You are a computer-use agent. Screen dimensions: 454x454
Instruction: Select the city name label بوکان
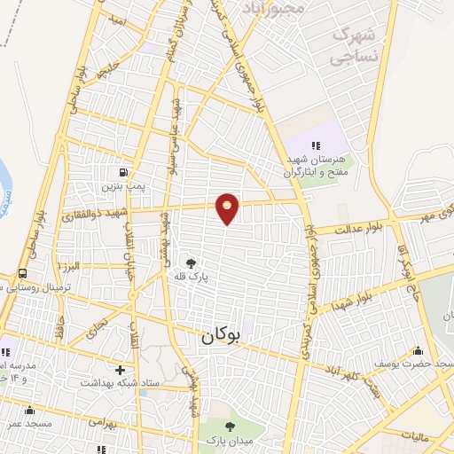coord(220,336)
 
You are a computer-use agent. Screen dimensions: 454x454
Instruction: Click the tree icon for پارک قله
coord(191,262)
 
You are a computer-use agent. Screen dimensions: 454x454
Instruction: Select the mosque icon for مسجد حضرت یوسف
coord(418,351)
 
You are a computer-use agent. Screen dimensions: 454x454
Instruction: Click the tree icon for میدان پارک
coord(231,427)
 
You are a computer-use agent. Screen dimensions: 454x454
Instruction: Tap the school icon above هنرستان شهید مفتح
coord(313,145)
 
